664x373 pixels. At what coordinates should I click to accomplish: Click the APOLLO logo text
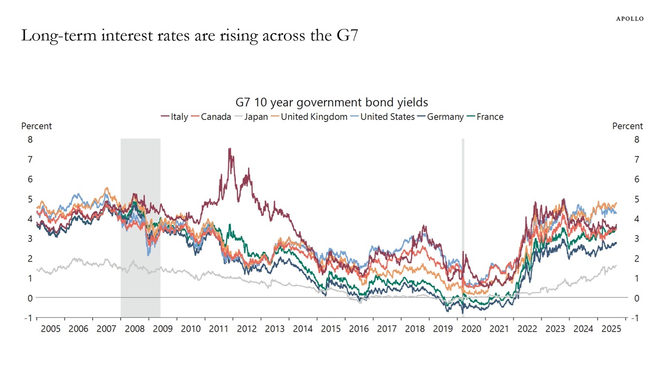(630, 18)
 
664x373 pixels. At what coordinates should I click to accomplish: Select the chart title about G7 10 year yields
(332, 102)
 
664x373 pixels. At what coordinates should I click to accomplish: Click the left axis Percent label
(36, 126)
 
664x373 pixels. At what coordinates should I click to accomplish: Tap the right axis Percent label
(627, 126)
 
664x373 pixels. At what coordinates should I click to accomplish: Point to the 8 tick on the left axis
(30, 139)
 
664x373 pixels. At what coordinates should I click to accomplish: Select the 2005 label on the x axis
(51, 329)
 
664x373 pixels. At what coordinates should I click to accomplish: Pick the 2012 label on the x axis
(247, 329)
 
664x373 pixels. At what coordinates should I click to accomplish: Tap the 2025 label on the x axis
(611, 329)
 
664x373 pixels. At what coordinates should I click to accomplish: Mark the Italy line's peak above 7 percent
(229, 149)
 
